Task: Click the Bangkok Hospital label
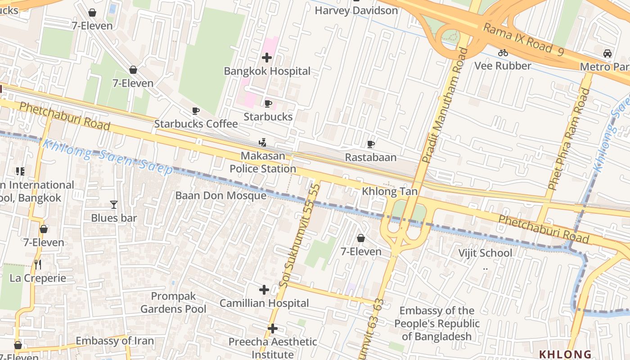(x=267, y=71)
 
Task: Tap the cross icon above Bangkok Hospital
(x=267, y=58)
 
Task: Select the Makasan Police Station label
(x=263, y=162)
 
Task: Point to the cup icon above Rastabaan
(x=370, y=144)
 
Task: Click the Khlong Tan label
(x=390, y=192)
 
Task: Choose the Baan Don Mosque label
(x=220, y=196)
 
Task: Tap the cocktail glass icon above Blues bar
(x=113, y=205)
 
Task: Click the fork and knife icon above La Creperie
(x=38, y=265)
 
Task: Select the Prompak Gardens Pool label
(x=173, y=302)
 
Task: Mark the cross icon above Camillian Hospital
(x=264, y=290)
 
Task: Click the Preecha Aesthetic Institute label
(x=273, y=348)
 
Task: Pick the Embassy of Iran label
(x=115, y=341)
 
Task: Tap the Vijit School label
(x=485, y=253)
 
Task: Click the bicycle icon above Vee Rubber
(x=503, y=53)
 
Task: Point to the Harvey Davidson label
(x=356, y=10)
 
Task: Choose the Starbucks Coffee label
(x=196, y=124)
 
